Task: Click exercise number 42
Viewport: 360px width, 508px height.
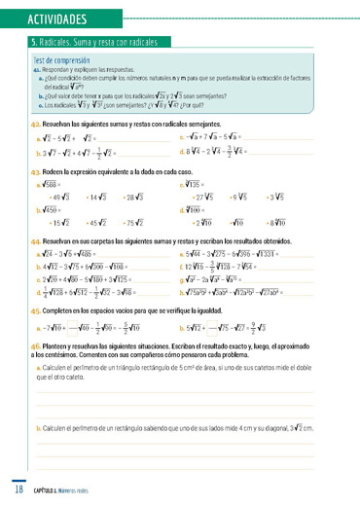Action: pyautogui.click(x=36, y=126)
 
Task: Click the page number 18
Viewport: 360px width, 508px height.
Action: pyautogui.click(x=18, y=489)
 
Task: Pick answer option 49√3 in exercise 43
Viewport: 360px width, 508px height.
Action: pyautogui.click(x=58, y=197)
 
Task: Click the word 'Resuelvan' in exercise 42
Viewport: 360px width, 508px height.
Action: pyautogui.click(x=61, y=126)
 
